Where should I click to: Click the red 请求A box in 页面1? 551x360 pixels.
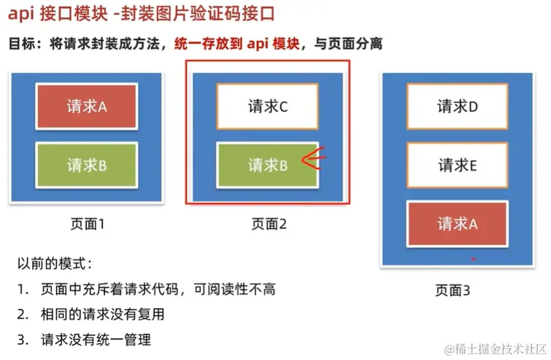tap(86, 107)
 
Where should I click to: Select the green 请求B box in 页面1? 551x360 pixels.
tap(86, 165)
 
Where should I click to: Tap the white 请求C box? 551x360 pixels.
tap(267, 107)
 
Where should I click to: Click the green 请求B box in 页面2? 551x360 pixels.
tap(267, 165)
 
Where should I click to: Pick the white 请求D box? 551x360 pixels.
tap(457, 107)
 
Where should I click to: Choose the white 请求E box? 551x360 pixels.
tap(457, 165)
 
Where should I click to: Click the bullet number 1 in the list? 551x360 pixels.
tap(22, 289)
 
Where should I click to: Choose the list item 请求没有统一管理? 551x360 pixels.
tap(96, 339)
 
